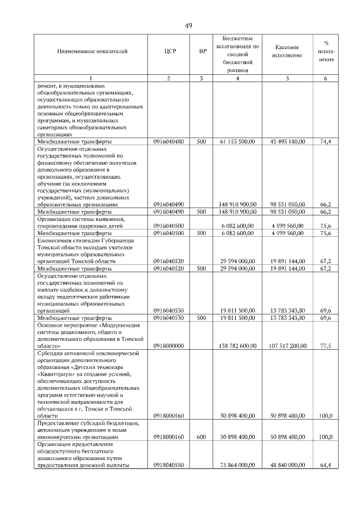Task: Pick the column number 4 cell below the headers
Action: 237,78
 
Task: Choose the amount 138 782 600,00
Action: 238,346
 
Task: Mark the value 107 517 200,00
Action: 286,346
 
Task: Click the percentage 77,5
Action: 325,346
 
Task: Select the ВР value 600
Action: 201,436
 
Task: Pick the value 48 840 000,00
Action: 287,465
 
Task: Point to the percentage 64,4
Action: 325,465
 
